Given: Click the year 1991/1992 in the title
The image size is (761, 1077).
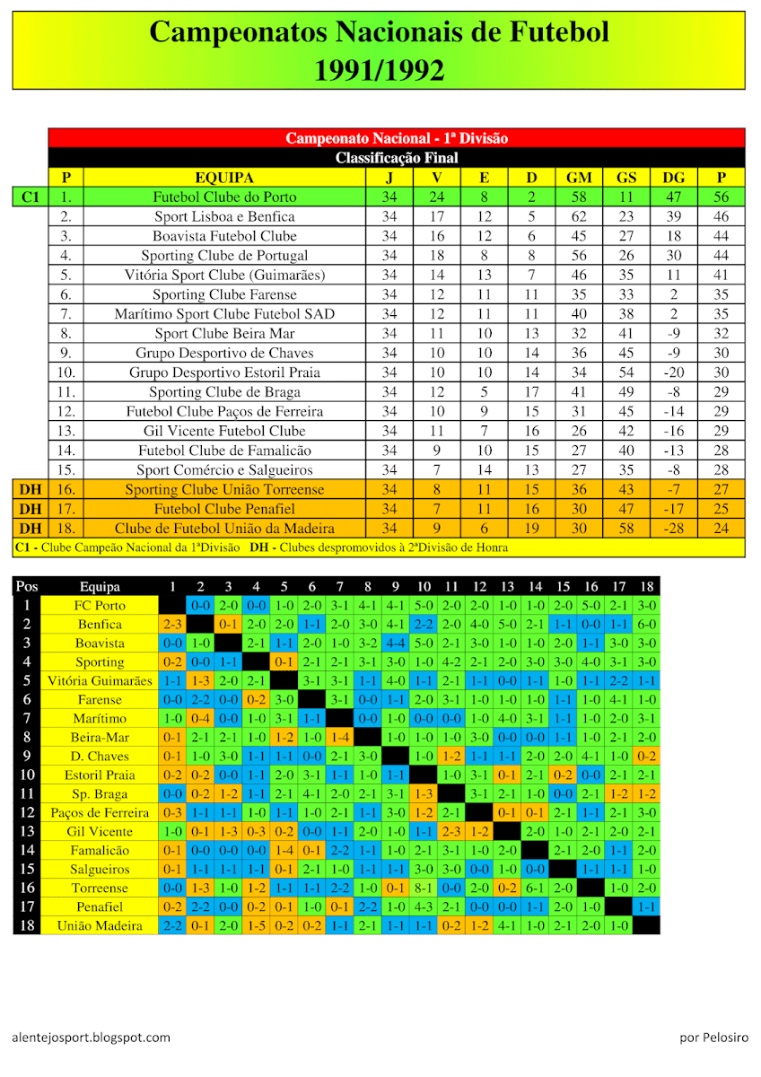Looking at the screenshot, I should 379,69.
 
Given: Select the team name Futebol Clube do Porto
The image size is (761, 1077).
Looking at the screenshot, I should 224,197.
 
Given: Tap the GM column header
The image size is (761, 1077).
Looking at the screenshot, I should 579,178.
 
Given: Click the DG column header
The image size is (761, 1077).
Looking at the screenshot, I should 673,178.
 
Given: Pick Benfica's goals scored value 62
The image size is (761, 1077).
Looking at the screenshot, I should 579,216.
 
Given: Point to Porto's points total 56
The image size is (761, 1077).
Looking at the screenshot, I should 721,197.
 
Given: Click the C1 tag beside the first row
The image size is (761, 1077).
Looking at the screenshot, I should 31,197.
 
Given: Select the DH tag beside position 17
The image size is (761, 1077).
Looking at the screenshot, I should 31,509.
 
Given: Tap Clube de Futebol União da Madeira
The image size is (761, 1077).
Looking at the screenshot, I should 224,529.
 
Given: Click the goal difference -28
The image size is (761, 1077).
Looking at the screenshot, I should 673,529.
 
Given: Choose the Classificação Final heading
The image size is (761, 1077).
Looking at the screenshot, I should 397,158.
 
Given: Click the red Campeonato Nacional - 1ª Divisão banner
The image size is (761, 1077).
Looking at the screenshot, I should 397,138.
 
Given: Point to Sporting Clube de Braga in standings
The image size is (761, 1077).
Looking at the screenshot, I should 224,392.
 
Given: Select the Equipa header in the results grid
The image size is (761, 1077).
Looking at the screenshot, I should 100,587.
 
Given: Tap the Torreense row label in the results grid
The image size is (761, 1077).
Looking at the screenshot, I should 100,888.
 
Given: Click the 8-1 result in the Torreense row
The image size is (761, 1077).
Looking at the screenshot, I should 424,888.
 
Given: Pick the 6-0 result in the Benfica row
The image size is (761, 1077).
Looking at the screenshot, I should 646,624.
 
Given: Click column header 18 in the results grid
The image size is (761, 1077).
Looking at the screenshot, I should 646,587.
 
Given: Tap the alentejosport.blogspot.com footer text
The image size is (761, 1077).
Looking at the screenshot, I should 92,1038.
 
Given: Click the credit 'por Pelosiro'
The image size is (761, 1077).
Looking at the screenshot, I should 714,1038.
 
